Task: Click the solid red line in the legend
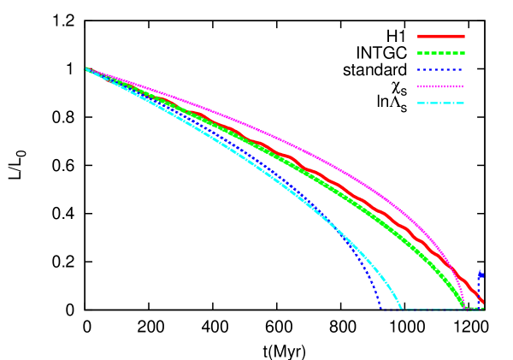click(441, 37)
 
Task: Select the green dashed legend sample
click(441, 53)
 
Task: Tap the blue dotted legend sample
click(441, 69)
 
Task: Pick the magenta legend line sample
click(441, 86)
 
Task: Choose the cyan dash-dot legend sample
click(441, 103)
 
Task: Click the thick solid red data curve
click(342, 187)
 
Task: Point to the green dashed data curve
click(342, 198)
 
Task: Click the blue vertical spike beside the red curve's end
click(481, 276)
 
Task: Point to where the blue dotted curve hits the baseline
click(380, 308)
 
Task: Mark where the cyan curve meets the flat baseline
click(402, 309)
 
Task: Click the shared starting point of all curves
click(85, 68)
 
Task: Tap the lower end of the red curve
click(482, 301)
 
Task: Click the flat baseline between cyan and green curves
click(433, 310)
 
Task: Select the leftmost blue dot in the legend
click(419, 69)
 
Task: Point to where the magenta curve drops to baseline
click(466, 309)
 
